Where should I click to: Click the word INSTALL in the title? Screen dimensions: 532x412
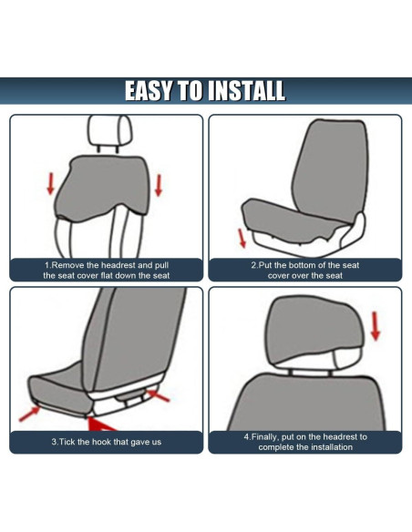[246, 91]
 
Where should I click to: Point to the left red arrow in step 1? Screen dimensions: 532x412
[50, 182]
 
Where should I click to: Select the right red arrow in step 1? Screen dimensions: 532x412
[159, 185]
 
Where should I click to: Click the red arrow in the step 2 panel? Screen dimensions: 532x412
[242, 238]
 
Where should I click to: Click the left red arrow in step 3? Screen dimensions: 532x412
[31, 414]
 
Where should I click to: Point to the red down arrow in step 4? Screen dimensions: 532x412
[374, 322]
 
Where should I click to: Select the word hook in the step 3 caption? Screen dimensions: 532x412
[104, 442]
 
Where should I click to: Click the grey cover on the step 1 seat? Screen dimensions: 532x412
[105, 187]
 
